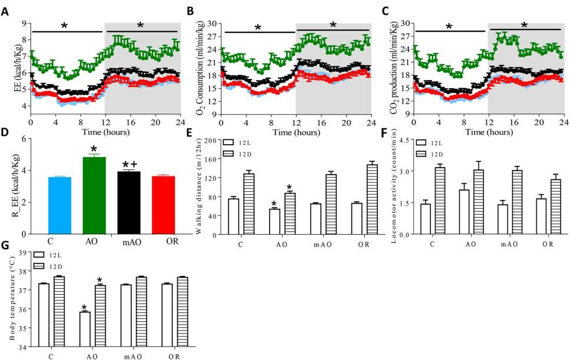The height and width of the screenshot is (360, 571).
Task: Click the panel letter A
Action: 5,11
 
